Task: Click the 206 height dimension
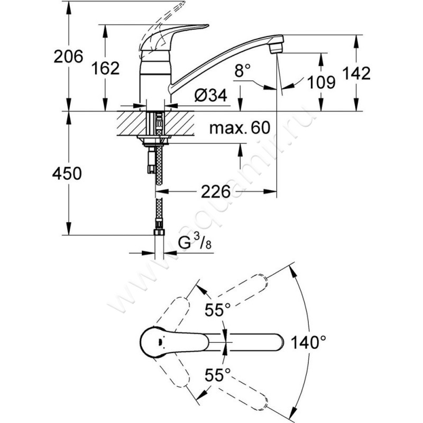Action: click(x=68, y=57)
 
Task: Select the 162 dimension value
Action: click(x=105, y=68)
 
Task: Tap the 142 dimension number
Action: click(x=356, y=73)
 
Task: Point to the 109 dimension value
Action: click(x=321, y=82)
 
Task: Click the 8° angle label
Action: click(x=243, y=71)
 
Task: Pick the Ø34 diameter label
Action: click(x=210, y=95)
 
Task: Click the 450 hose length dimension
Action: click(x=67, y=173)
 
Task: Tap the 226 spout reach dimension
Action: click(x=216, y=191)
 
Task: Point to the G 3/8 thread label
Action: click(x=195, y=242)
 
